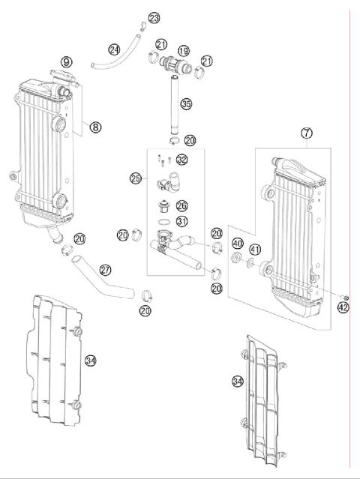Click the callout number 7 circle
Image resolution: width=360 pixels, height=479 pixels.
point(307,133)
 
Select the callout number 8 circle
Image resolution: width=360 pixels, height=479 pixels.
point(95,127)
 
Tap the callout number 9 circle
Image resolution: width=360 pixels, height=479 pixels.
point(67,61)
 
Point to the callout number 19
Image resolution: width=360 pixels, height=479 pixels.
point(183,52)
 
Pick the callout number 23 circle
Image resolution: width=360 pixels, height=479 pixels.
point(154,17)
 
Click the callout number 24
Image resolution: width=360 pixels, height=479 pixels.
point(114,49)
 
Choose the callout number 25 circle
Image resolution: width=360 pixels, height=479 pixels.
point(135,178)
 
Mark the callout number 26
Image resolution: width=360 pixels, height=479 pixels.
point(181,205)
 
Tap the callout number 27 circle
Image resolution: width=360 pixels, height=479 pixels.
point(105,270)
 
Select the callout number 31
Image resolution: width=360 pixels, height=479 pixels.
point(181,221)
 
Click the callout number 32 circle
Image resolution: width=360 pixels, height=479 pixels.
point(181,159)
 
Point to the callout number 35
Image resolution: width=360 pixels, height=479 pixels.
point(186,104)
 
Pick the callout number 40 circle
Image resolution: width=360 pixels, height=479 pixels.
point(236,244)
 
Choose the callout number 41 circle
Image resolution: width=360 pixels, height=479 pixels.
point(256,250)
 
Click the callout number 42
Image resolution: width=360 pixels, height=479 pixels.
point(343,307)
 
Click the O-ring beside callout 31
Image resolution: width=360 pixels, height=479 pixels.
point(163,222)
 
